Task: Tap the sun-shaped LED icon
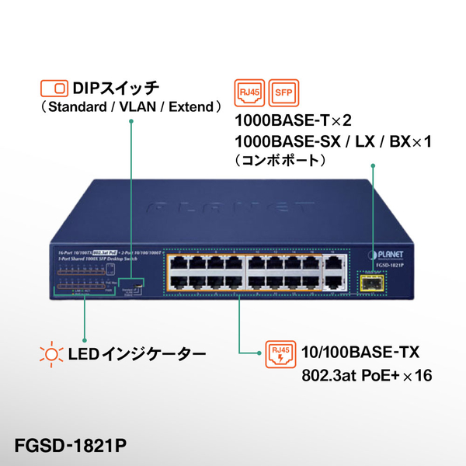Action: tap(50, 356)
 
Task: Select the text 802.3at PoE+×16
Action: tap(367, 376)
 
